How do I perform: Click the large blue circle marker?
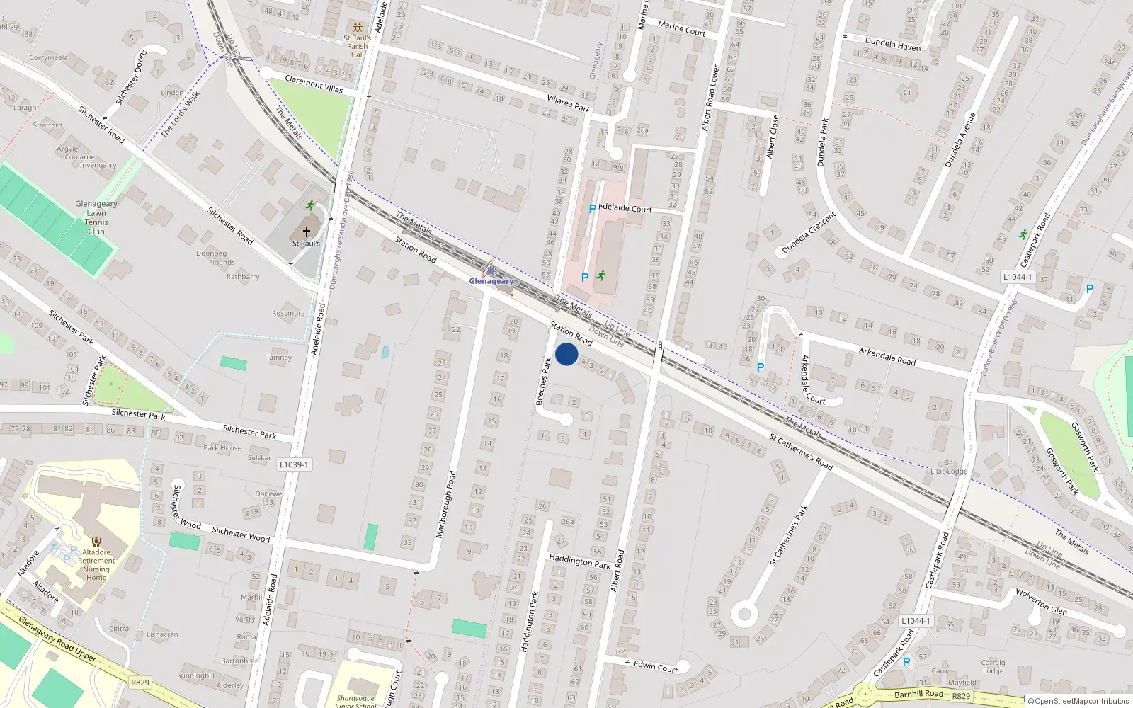[x=566, y=354]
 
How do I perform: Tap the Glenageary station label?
[x=491, y=281]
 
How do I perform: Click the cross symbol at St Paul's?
[x=307, y=232]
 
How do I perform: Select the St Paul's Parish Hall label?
[x=357, y=46]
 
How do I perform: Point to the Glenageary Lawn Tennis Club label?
[x=96, y=217]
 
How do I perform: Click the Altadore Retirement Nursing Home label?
[x=96, y=565]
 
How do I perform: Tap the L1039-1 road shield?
[x=294, y=464]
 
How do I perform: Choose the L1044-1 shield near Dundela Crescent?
[x=1018, y=277]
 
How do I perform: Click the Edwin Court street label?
[x=655, y=666]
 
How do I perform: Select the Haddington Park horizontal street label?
[x=579, y=561]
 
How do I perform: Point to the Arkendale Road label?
[x=887, y=356]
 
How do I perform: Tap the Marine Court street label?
[x=681, y=28]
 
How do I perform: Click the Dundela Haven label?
[x=893, y=45]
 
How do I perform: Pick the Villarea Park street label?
[x=568, y=104]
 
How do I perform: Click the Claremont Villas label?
[x=314, y=84]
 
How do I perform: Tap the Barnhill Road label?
[x=918, y=694]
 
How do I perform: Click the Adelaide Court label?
[x=625, y=208]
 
